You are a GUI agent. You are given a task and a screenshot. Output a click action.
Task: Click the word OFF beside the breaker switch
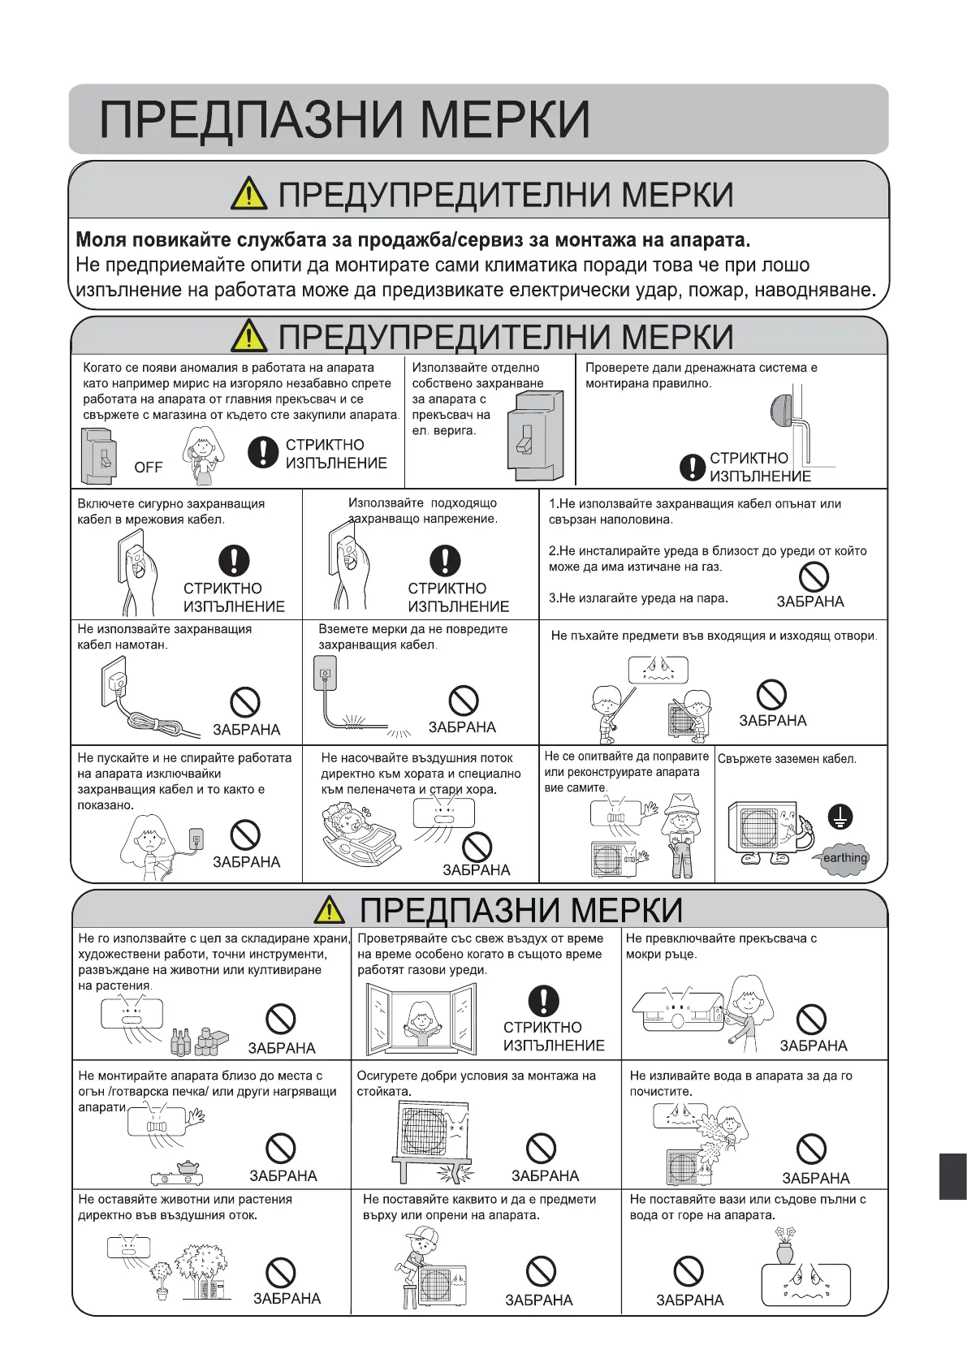point(149,468)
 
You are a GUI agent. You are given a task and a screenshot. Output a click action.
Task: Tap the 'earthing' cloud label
point(844,858)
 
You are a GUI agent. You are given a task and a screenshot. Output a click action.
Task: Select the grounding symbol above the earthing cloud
point(840,817)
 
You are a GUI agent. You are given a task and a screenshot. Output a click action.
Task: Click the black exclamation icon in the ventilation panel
point(543,1001)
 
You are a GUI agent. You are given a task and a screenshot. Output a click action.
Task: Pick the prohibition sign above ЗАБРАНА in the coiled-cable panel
point(245,703)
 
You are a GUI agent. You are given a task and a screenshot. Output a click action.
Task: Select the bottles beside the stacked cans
point(181,1042)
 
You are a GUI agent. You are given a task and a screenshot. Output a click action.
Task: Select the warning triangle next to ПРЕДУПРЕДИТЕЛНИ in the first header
point(248,195)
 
